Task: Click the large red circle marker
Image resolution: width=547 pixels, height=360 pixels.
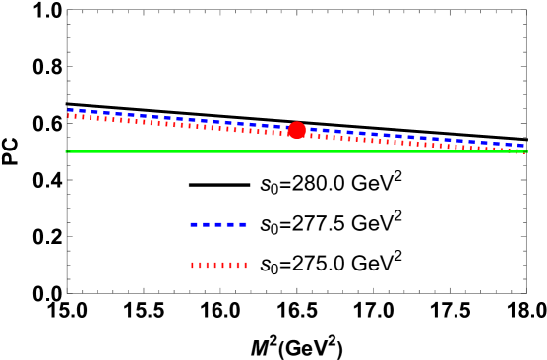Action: point(297,130)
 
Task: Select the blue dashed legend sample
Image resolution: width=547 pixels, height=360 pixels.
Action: point(218,225)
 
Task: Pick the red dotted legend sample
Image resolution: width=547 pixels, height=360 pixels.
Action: point(218,265)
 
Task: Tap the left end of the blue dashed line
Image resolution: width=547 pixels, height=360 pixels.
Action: point(68,110)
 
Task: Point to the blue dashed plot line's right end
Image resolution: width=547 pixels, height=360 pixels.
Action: point(523,146)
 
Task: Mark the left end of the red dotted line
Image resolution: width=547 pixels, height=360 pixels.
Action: point(68,116)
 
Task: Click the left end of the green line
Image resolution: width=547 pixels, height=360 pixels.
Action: point(66,151)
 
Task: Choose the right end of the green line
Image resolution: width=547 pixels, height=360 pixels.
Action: point(527,151)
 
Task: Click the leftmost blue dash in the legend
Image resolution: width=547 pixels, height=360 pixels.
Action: point(194,225)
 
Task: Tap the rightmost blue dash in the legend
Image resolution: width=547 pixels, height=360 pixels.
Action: point(243,225)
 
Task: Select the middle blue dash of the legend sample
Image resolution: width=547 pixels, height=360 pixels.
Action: point(218,225)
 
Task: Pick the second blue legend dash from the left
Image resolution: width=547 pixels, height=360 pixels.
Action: point(207,225)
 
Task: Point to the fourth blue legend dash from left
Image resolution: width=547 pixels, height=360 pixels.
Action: point(230,225)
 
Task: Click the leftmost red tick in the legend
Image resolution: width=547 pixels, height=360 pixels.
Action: point(192,265)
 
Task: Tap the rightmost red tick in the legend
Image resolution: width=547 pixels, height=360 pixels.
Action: point(245,265)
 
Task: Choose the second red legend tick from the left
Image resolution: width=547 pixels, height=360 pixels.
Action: point(200,265)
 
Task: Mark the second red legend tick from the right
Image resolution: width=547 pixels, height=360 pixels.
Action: point(237,265)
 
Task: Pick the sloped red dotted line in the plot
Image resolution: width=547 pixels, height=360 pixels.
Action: point(394,142)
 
